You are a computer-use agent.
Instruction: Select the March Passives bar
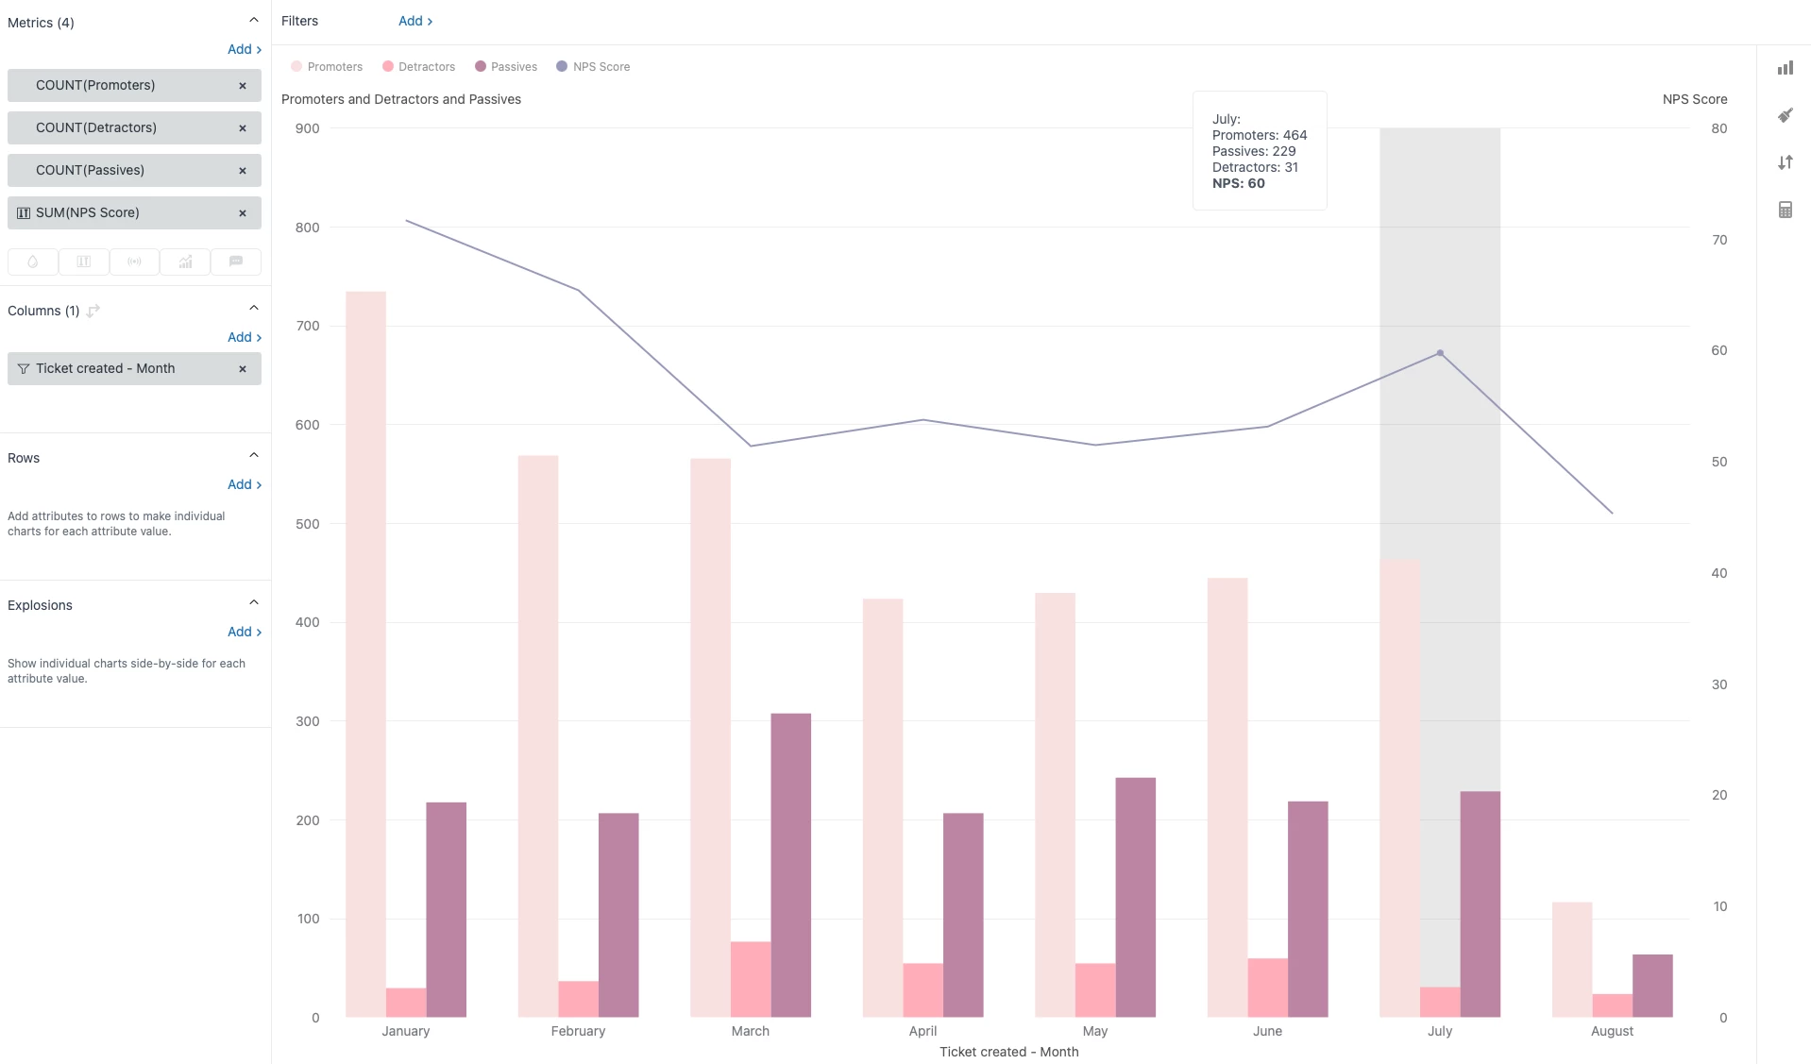[x=790, y=865]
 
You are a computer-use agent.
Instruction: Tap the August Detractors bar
[x=1612, y=1005]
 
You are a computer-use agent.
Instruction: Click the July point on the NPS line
[x=1440, y=353]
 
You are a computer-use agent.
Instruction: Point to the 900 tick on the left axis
[x=307, y=128]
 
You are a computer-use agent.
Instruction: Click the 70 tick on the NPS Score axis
[x=1719, y=240]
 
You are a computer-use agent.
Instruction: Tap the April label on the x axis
[x=922, y=1031]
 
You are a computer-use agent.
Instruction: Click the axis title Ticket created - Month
[x=1008, y=1052]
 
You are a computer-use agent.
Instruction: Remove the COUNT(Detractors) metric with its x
[x=243, y=128]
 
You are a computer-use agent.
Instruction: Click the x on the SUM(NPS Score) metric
[x=243, y=213]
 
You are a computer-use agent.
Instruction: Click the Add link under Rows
[x=244, y=484]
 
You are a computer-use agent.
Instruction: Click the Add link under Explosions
[x=244, y=632]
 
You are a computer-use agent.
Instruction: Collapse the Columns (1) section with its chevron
[x=253, y=308]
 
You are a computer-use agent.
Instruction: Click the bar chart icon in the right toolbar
[x=1785, y=68]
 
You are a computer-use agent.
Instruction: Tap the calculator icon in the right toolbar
[x=1785, y=210]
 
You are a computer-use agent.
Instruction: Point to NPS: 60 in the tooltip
[x=1238, y=183]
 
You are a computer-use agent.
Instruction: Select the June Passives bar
[x=1308, y=908]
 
